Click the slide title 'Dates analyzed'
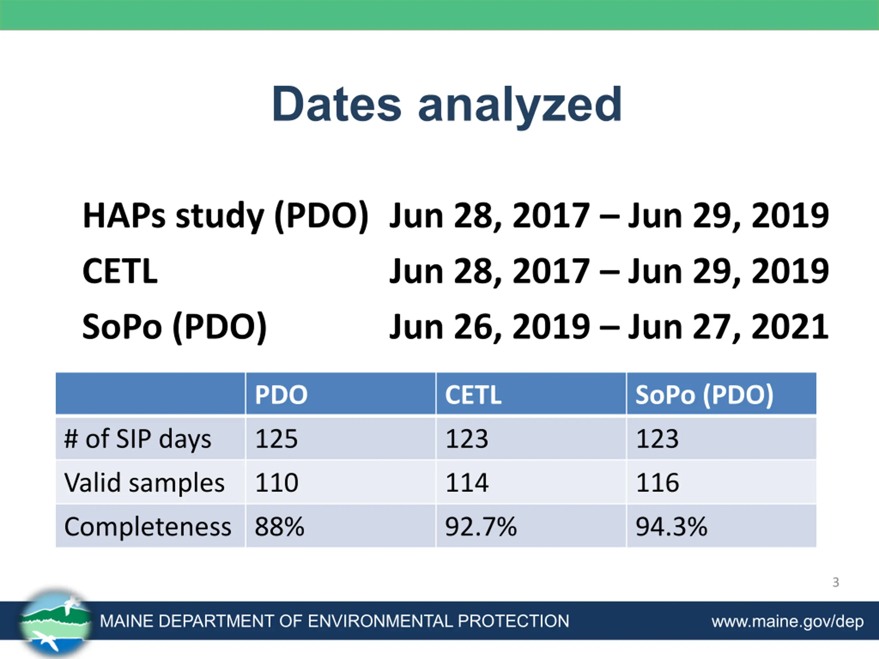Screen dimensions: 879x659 coord(447,105)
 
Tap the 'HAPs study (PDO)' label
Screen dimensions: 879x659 coord(226,217)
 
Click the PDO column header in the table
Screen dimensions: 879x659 coord(281,395)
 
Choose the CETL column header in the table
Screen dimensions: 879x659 coord(473,395)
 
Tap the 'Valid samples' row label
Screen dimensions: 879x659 coord(144,483)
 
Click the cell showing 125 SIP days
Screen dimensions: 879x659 coord(276,439)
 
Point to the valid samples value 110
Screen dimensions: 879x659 coord(276,483)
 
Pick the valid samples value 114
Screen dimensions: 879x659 coord(467,483)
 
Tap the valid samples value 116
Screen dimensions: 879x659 coord(657,483)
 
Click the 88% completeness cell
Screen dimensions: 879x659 coord(279,527)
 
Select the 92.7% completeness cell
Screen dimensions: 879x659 coord(481,527)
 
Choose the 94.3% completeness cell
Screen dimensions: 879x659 coord(672,527)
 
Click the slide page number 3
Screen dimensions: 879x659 coord(836,582)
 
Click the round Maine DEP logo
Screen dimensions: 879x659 coord(56,622)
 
